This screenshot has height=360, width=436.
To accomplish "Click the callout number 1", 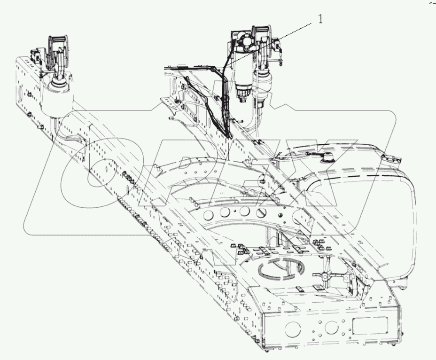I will [321, 20].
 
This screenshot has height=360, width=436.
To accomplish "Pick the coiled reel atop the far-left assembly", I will [59, 49].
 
